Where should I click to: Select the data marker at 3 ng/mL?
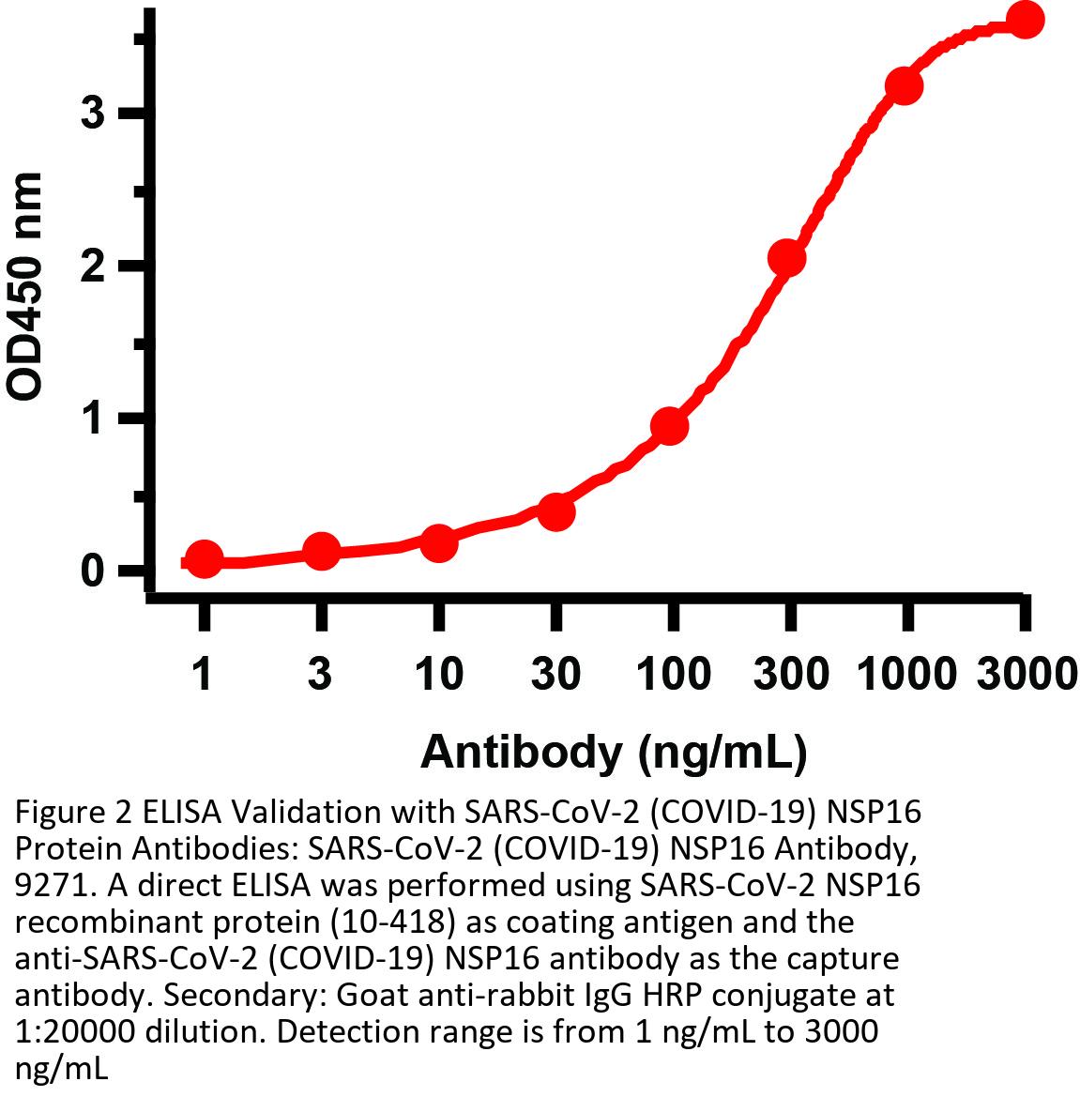321,552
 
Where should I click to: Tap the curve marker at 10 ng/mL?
438,543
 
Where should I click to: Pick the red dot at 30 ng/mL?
555,511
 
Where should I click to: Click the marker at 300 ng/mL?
786,258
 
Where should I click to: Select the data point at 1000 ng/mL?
904,86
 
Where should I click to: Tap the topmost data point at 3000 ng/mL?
1025,20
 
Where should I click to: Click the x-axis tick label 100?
672,674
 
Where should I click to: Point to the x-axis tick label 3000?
1025,674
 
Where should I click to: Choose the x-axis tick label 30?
555,674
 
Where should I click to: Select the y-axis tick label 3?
92,114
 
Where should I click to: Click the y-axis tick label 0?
92,571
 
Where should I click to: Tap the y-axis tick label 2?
92,267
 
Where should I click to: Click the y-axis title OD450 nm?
25,286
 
